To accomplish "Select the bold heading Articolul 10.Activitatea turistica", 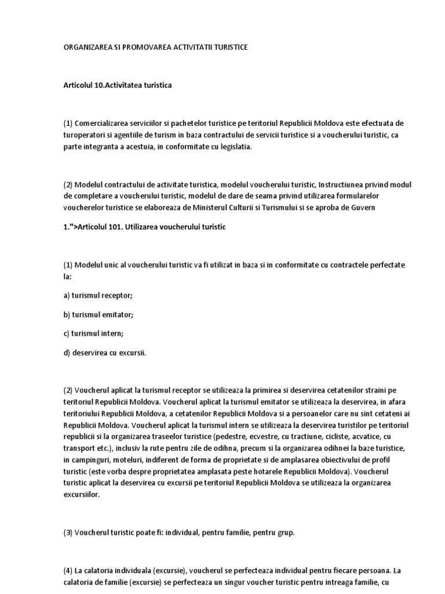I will (x=118, y=85).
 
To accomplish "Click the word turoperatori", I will (x=86, y=135).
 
